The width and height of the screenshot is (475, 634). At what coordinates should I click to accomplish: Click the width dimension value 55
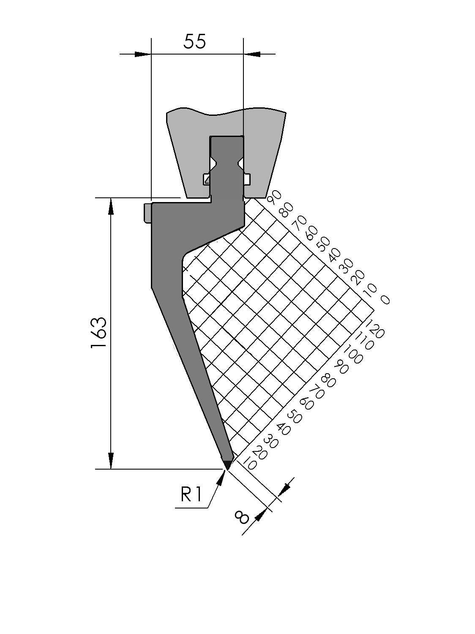pyautogui.click(x=195, y=41)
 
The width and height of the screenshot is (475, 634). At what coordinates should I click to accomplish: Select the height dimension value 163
pyautogui.click(x=99, y=333)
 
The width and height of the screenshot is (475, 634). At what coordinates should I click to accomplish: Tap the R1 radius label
pyautogui.click(x=191, y=494)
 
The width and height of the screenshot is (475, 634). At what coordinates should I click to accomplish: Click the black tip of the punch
pyautogui.click(x=227, y=464)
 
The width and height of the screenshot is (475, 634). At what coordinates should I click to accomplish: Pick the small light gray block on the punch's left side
pyautogui.click(x=147, y=213)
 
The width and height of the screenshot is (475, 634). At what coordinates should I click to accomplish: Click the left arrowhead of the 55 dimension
pyautogui.click(x=143, y=54)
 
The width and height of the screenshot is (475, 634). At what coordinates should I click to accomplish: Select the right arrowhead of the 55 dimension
pyautogui.click(x=252, y=54)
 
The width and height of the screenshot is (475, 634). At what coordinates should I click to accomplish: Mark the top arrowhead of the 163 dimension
pyautogui.click(x=111, y=206)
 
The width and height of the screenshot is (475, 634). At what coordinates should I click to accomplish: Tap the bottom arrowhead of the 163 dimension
pyautogui.click(x=111, y=461)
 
